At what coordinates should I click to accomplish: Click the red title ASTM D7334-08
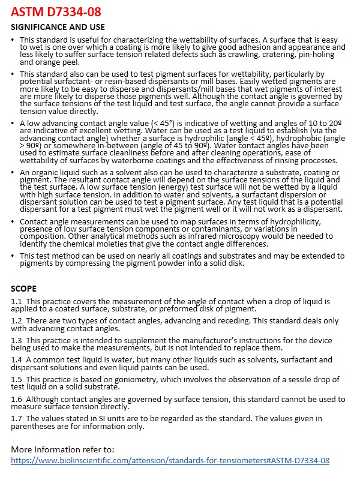coord(56,11)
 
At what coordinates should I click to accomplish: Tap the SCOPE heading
coord(24,288)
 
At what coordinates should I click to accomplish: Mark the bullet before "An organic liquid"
coord(14,172)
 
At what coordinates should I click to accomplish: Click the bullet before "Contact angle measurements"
coord(14,221)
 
